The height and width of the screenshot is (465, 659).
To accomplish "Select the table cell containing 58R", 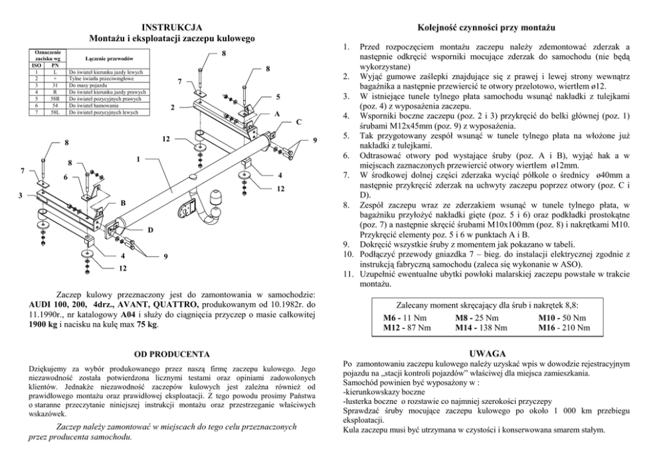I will [x=55, y=98].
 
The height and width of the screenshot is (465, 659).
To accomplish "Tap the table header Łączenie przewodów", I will [x=106, y=58].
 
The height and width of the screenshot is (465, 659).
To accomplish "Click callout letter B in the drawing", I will [x=122, y=202].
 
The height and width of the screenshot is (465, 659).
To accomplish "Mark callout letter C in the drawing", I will [x=298, y=121].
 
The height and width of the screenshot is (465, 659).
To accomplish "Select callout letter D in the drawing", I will [x=149, y=230].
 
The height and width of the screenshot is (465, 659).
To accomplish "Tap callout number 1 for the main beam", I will [x=138, y=159].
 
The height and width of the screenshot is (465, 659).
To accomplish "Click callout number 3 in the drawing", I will [x=21, y=195].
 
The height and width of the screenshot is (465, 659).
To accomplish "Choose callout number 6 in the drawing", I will [x=65, y=178].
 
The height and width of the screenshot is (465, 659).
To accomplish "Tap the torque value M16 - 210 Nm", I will [x=564, y=327].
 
